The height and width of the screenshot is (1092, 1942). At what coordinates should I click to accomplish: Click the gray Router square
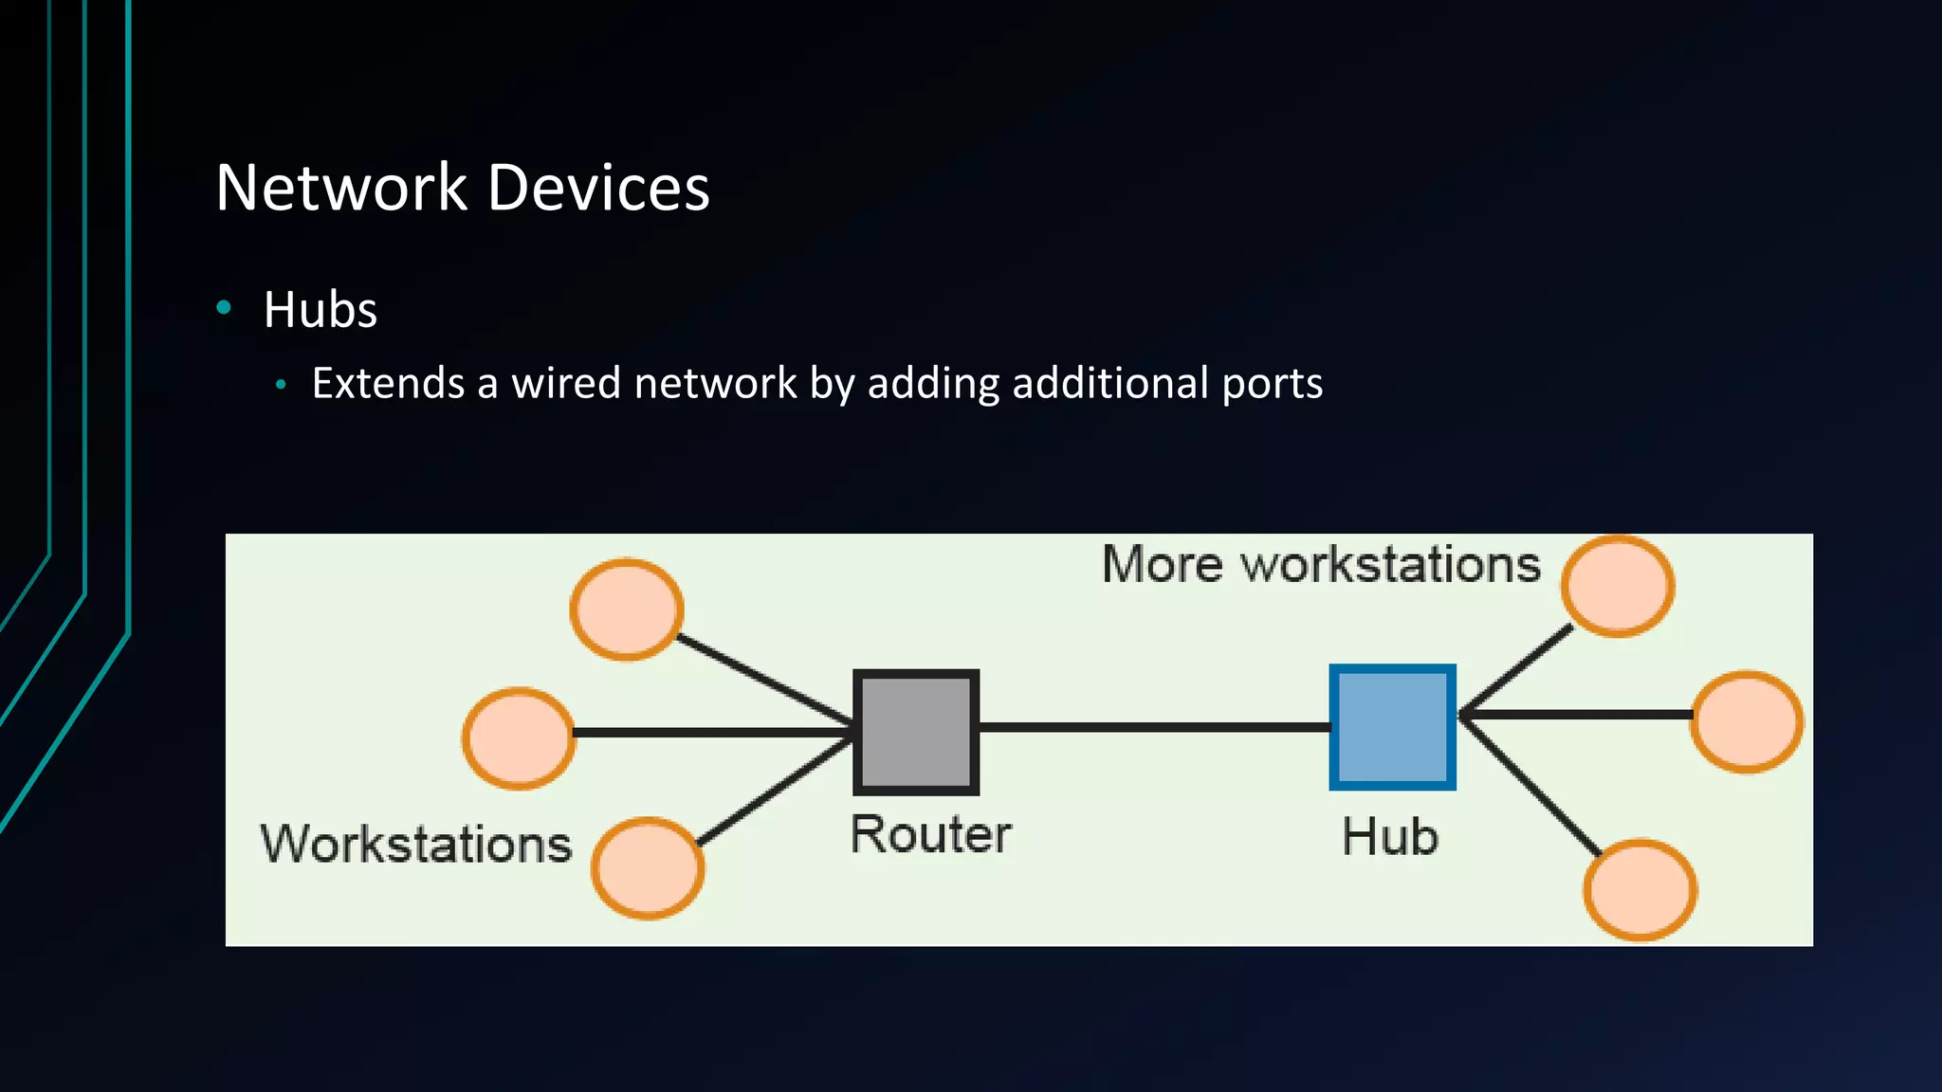click(x=916, y=732)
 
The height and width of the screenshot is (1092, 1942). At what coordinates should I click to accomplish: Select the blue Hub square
click(x=1392, y=727)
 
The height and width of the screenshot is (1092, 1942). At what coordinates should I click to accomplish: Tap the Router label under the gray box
click(x=930, y=835)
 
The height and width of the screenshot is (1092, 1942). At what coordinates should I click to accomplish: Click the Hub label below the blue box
click(x=1390, y=837)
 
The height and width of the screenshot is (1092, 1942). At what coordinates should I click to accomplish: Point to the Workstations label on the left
click(x=416, y=844)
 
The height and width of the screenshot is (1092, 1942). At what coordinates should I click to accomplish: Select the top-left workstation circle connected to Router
click(x=626, y=610)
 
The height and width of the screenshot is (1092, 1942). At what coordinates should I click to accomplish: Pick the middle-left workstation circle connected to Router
click(x=519, y=737)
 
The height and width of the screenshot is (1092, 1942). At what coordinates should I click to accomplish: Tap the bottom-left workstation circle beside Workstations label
click(x=648, y=867)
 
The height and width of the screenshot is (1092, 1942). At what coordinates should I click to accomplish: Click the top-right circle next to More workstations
click(x=1618, y=586)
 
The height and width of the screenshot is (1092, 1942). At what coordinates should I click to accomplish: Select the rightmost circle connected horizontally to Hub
click(x=1747, y=721)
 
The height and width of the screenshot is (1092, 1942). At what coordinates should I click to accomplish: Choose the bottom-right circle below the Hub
click(x=1640, y=889)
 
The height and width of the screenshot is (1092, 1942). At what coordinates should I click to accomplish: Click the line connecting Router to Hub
click(x=1153, y=727)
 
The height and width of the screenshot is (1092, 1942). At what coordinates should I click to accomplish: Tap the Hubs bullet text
click(x=321, y=310)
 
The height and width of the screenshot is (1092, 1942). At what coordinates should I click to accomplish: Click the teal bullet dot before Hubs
click(x=224, y=307)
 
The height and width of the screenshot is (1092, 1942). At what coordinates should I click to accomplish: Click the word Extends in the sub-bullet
click(x=388, y=383)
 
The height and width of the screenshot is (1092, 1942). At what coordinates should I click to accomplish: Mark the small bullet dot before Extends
click(x=280, y=385)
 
